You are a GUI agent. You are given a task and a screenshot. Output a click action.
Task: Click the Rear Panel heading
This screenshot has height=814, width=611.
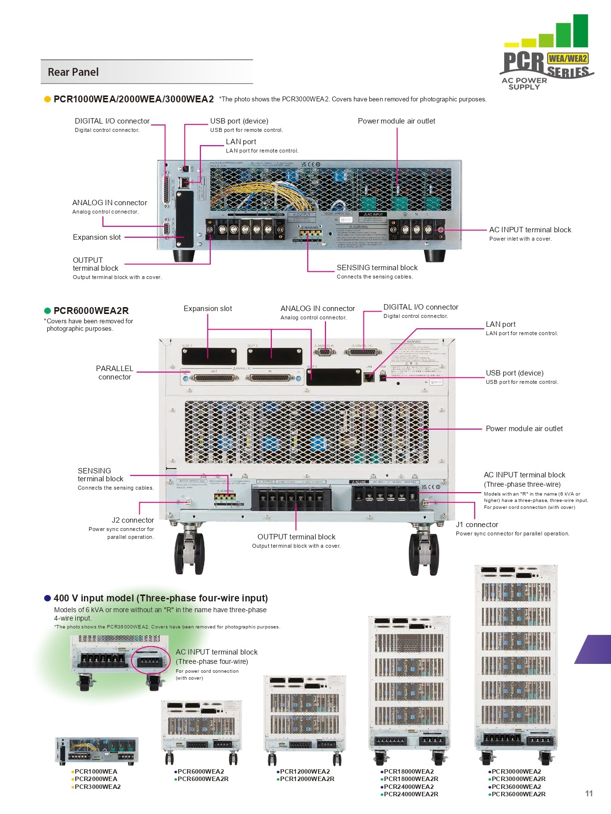pyautogui.click(x=73, y=72)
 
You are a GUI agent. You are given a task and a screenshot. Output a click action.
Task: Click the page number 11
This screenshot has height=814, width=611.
pyautogui.click(x=589, y=793)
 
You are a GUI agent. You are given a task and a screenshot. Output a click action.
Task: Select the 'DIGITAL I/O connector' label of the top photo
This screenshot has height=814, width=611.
pyautogui.click(x=112, y=121)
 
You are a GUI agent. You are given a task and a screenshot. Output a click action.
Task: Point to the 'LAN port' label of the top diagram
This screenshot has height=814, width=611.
pyautogui.click(x=241, y=142)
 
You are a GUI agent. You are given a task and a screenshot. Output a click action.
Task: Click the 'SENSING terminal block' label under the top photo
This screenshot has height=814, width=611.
pyautogui.click(x=377, y=268)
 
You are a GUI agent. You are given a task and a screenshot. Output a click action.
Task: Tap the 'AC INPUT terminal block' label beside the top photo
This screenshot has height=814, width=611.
pyautogui.click(x=530, y=230)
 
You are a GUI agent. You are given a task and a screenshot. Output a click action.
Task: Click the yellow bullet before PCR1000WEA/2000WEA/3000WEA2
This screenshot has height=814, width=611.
pyautogui.click(x=48, y=99)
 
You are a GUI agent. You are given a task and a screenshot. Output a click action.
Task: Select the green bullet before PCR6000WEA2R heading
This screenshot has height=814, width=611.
pyautogui.click(x=48, y=311)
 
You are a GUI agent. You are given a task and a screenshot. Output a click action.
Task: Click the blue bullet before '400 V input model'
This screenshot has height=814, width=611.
pyautogui.click(x=48, y=598)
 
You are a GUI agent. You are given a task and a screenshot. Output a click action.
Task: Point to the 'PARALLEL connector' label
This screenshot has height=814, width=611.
pyautogui.click(x=114, y=373)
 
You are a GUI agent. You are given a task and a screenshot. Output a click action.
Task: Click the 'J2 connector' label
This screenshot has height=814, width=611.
pyautogui.click(x=132, y=520)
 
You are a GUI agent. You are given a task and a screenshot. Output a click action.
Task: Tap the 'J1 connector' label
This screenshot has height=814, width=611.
pyautogui.click(x=477, y=525)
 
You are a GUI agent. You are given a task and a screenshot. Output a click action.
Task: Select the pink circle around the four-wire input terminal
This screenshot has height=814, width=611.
pyautogui.click(x=151, y=660)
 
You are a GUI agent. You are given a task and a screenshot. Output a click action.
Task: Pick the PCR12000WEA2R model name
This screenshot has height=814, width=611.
pyautogui.click(x=307, y=779)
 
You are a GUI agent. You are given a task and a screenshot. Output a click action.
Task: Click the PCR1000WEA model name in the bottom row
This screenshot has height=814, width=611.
pyautogui.click(x=96, y=772)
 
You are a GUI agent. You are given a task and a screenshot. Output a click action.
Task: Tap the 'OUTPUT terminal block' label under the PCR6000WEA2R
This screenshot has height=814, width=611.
pyautogui.click(x=296, y=537)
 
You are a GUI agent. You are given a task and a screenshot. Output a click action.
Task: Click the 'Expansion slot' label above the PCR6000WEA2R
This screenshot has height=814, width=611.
pyautogui.click(x=207, y=309)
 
